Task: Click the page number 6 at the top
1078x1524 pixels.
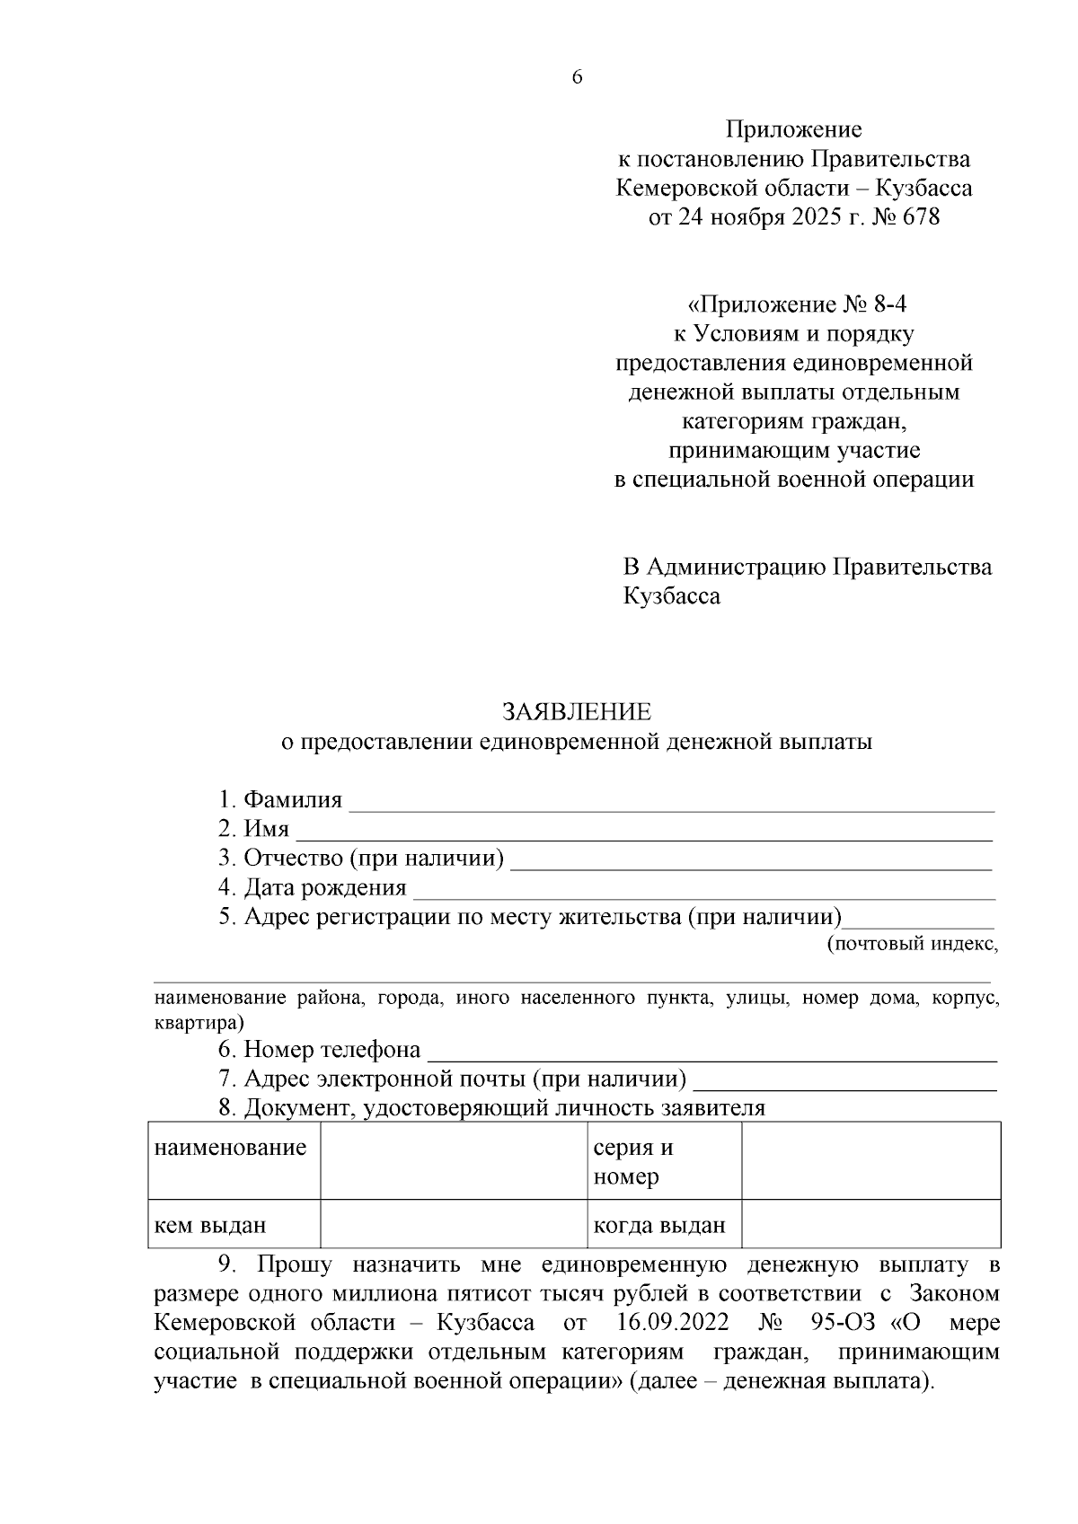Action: click(x=577, y=78)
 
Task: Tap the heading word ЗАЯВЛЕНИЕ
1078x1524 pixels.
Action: click(x=576, y=712)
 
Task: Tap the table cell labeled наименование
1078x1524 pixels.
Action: click(x=231, y=1148)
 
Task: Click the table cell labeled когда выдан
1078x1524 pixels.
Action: click(x=659, y=1225)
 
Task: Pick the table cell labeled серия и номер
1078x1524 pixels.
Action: click(x=633, y=1162)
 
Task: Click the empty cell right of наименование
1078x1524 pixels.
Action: click(x=454, y=1160)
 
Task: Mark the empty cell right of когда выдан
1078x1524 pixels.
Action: click(x=870, y=1224)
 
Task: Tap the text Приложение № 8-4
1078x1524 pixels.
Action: click(x=793, y=304)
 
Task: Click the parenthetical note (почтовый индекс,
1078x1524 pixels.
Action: click(x=911, y=944)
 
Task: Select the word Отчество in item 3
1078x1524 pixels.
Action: click(x=294, y=859)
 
